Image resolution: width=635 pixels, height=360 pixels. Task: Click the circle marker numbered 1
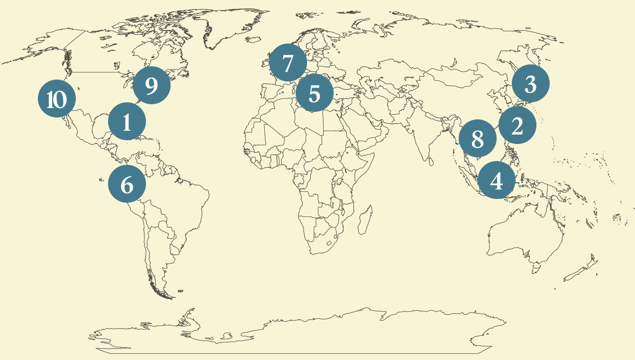click(x=127, y=122)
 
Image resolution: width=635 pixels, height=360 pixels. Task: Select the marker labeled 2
click(x=517, y=126)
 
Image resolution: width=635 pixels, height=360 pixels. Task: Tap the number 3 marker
click(x=531, y=84)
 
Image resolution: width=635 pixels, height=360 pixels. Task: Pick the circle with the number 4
click(x=497, y=180)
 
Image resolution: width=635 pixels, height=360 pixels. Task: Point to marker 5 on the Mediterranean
click(x=315, y=93)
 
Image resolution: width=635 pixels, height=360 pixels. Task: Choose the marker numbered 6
click(x=127, y=184)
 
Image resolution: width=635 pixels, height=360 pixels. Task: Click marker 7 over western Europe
click(x=288, y=63)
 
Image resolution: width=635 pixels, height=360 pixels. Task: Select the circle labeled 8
click(x=478, y=139)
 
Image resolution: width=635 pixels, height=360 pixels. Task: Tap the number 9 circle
click(x=152, y=85)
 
